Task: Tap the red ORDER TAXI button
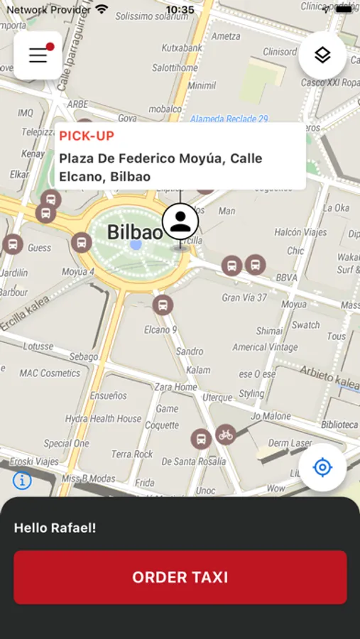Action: click(180, 577)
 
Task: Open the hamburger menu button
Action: click(38, 55)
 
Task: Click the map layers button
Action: click(322, 55)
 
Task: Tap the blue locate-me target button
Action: click(322, 467)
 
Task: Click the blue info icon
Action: click(22, 481)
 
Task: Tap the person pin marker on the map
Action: click(180, 222)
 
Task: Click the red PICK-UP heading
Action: click(87, 136)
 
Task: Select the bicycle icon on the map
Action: click(225, 434)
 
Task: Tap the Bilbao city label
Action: click(134, 232)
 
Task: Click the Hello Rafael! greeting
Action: click(55, 528)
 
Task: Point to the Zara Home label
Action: click(175, 387)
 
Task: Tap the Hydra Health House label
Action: click(104, 419)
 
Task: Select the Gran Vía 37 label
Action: click(244, 297)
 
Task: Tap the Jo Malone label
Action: click(271, 416)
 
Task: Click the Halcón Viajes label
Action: click(298, 232)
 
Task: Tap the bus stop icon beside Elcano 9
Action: click(163, 305)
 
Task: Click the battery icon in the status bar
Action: click(344, 10)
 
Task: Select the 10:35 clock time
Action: click(180, 10)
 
